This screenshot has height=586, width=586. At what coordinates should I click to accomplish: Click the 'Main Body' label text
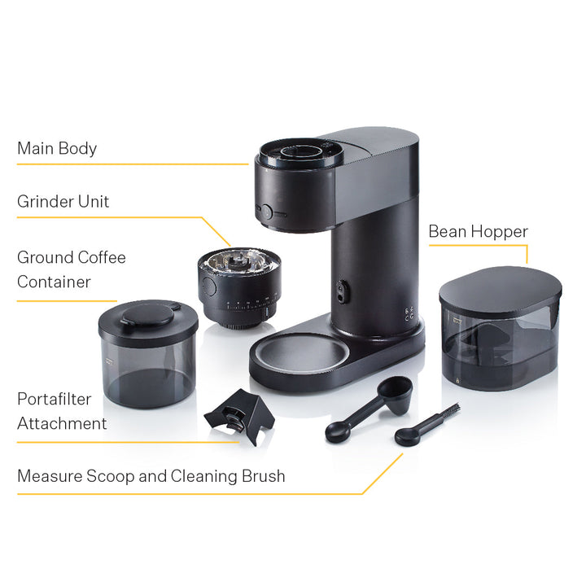pos(57,148)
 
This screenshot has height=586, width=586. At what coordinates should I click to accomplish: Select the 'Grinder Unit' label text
pos(63,202)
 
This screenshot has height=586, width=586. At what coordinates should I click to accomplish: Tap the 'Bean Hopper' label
pos(478,232)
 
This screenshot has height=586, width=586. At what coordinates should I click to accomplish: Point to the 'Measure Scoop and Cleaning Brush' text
pos(151,476)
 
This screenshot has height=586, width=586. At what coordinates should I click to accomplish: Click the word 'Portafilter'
pos(55,399)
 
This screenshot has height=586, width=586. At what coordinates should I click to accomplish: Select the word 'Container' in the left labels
pos(54,282)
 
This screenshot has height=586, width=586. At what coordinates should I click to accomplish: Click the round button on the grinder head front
pos(266,212)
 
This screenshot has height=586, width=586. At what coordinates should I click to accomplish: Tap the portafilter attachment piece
pos(240,416)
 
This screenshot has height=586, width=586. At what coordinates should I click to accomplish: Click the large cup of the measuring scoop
pos(396,394)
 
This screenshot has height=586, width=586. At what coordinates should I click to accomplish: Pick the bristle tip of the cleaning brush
pos(453,408)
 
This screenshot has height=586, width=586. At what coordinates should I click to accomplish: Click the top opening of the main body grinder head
pos(301,153)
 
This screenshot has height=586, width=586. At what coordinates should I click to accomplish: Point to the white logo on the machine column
pos(409,314)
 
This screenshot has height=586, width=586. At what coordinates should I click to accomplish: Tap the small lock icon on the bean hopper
pos(457,381)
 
